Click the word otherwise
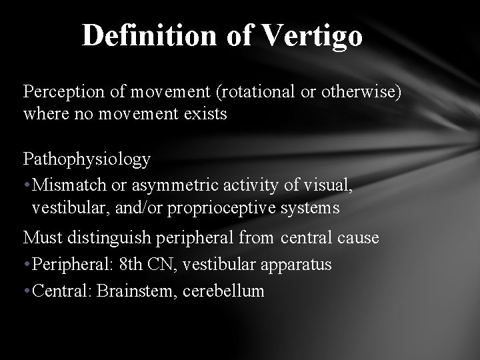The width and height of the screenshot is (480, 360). (361, 93)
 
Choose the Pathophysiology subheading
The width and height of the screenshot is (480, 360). (87, 159)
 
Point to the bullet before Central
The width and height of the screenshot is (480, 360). (27, 291)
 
